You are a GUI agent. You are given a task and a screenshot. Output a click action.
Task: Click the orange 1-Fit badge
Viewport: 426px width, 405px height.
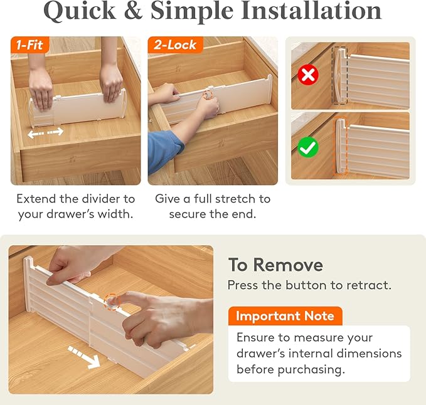(x=30, y=45)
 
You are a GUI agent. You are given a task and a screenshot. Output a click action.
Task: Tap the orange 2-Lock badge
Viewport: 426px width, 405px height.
(x=173, y=45)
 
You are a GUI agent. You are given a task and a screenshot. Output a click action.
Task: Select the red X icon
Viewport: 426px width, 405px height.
(x=307, y=75)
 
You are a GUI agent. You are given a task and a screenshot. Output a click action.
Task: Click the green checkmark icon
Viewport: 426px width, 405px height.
(x=307, y=147)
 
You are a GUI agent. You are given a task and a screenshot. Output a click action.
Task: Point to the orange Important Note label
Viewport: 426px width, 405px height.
(x=285, y=316)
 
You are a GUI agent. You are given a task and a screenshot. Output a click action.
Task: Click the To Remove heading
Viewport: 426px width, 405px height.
(x=275, y=265)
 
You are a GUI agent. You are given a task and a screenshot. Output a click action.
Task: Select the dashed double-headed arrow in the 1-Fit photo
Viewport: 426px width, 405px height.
(x=46, y=132)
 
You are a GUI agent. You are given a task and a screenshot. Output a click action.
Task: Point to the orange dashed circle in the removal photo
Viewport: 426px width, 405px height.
(x=112, y=301)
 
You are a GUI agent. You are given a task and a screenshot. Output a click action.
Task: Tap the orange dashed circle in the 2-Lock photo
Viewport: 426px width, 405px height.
(x=207, y=95)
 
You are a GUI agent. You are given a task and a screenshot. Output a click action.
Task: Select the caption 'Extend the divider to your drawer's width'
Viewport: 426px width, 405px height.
(x=75, y=207)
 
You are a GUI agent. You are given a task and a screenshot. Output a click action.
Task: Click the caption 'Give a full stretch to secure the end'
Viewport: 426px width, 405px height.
(x=213, y=207)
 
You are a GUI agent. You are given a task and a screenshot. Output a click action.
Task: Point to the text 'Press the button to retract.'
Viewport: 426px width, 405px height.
(x=309, y=285)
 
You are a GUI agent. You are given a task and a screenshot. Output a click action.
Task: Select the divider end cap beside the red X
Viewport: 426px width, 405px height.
(x=340, y=77)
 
